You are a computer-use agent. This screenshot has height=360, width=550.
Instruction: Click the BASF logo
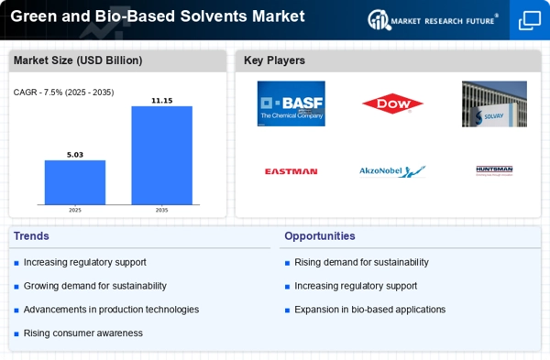(291, 104)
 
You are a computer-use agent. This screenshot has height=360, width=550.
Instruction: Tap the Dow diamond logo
(392, 104)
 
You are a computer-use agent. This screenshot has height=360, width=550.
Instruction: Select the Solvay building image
(494, 104)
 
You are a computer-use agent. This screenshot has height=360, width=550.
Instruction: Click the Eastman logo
(291, 171)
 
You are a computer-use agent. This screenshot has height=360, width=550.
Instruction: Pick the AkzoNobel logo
(392, 171)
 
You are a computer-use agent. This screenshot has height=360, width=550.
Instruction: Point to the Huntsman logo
(494, 170)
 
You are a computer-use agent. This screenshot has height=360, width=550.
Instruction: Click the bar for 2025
(75, 182)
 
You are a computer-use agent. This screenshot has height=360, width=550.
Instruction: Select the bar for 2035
(161, 155)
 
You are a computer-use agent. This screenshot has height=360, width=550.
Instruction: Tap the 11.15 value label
(161, 100)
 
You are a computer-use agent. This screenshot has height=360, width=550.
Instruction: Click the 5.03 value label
(75, 155)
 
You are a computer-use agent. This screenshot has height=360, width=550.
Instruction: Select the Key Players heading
(274, 60)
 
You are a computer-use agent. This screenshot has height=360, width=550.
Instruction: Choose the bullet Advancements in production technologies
(111, 310)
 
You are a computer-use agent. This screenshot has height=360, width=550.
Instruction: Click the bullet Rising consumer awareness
(82, 333)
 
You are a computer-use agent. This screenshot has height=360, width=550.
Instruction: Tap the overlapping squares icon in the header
(529, 20)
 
